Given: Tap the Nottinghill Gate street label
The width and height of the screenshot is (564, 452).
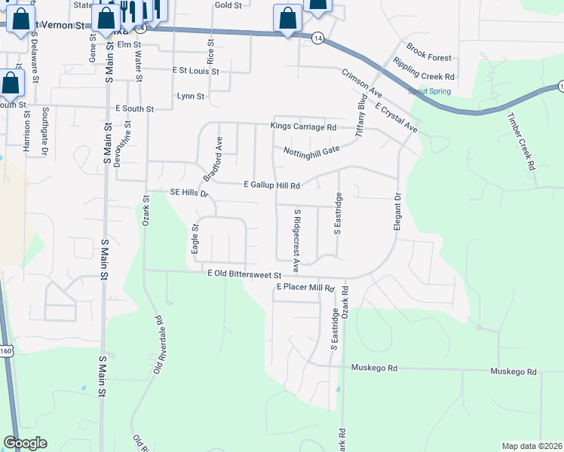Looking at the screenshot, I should coord(311,151).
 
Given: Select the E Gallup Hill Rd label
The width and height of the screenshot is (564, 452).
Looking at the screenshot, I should coord(272,185).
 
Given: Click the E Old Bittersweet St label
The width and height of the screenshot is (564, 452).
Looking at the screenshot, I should coord(244,276).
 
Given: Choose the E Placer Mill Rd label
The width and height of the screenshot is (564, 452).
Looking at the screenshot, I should coord(305,288).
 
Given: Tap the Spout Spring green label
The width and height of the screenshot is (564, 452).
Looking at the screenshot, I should coord(429,91).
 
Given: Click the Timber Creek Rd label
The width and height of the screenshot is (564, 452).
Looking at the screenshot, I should coord(520,151).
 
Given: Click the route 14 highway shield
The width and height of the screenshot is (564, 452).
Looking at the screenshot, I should coord(319,38).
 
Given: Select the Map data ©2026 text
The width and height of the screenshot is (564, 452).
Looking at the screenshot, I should coord(531,446).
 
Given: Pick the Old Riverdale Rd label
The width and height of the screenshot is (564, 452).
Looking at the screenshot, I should coord(158,344).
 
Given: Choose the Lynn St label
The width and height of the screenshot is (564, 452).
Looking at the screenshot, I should coord(190,96).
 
